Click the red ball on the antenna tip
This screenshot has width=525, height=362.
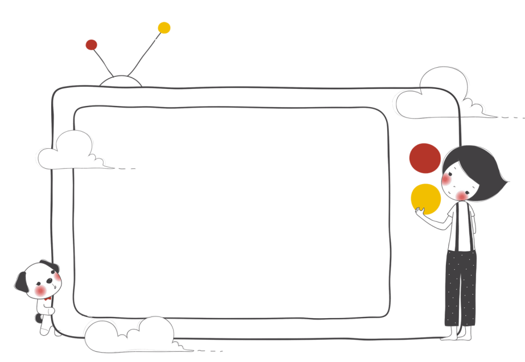point(91,44)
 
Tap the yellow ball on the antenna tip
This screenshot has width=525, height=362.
point(164,28)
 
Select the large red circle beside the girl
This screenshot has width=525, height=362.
point(425,158)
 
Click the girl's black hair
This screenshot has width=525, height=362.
point(478,168)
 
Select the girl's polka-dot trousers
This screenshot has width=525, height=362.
point(460,288)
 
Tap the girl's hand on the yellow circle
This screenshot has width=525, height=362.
point(420,211)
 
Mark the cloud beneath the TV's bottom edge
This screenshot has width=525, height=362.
point(131,336)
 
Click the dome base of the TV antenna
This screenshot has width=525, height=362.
point(121,82)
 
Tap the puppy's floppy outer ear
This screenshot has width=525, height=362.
point(20,282)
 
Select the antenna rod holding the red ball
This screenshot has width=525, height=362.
point(104,62)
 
